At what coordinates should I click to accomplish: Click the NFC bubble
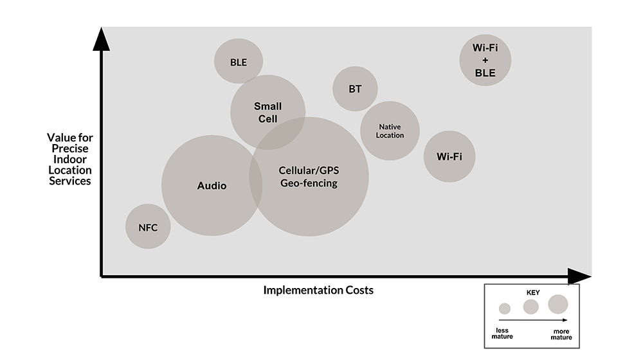148,226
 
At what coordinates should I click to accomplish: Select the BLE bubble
239,61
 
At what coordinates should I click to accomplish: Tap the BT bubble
355,89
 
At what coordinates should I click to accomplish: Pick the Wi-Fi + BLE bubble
485,60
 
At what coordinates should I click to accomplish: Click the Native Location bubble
390,130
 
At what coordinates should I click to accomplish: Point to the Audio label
212,186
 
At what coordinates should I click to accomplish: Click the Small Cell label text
267,113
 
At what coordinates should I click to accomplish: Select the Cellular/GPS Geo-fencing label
309,177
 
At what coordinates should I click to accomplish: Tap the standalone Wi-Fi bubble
449,156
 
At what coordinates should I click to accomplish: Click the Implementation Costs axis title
318,290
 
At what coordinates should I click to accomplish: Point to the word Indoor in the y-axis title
69,159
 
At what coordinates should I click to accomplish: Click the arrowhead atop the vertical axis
102,39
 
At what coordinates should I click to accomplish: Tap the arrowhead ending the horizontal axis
579,276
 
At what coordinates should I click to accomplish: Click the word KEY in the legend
533,292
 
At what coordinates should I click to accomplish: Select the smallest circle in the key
505,309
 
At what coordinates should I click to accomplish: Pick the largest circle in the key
558,304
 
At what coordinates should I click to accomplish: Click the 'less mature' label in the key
502,334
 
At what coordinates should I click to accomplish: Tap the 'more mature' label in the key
561,334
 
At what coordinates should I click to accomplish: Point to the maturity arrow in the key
533,319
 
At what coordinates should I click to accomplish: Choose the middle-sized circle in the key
530,307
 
